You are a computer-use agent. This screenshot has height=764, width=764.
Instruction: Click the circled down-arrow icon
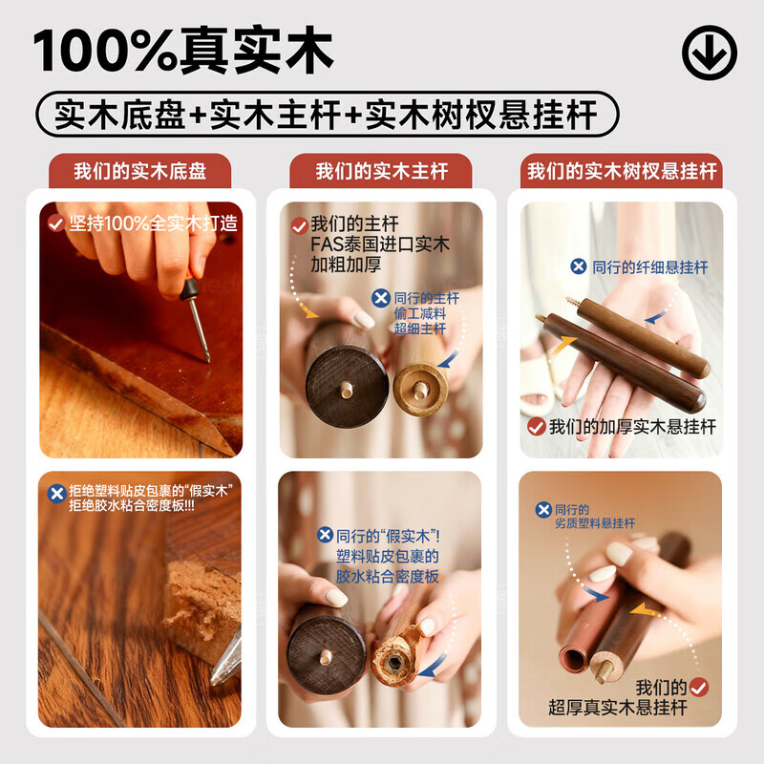pos(709,53)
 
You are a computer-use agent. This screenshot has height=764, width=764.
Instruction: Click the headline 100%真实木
pos(183,51)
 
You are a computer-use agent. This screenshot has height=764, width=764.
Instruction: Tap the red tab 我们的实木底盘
pos(139,171)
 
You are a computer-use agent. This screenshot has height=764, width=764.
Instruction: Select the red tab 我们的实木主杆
pos(381,171)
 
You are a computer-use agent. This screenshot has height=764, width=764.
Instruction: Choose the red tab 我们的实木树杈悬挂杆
pos(622,171)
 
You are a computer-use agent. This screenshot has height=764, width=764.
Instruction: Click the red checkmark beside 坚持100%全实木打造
pos(56,223)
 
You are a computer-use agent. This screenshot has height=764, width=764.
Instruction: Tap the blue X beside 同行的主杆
pos(381,298)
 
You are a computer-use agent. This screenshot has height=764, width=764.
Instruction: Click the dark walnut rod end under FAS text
pos(347,387)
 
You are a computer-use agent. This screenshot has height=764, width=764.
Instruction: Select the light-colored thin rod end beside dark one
pos(420,390)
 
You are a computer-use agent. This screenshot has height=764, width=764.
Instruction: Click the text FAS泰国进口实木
pos(379,244)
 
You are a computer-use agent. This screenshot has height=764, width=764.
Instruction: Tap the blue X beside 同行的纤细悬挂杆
pos(579,266)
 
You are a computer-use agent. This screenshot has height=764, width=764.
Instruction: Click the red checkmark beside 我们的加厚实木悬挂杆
pos(537,427)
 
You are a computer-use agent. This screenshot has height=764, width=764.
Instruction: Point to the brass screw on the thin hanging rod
pos(572,303)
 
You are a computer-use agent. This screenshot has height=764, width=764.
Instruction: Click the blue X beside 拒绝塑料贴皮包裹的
pos(57,494)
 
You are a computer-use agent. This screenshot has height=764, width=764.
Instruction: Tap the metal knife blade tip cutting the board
pos(214,681)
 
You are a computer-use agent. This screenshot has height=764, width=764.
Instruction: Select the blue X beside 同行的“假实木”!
pos(326,535)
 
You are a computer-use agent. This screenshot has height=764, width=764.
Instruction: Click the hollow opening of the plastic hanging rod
pos(574,660)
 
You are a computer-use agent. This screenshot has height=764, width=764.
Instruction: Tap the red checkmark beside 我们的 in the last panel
pos(699,688)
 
